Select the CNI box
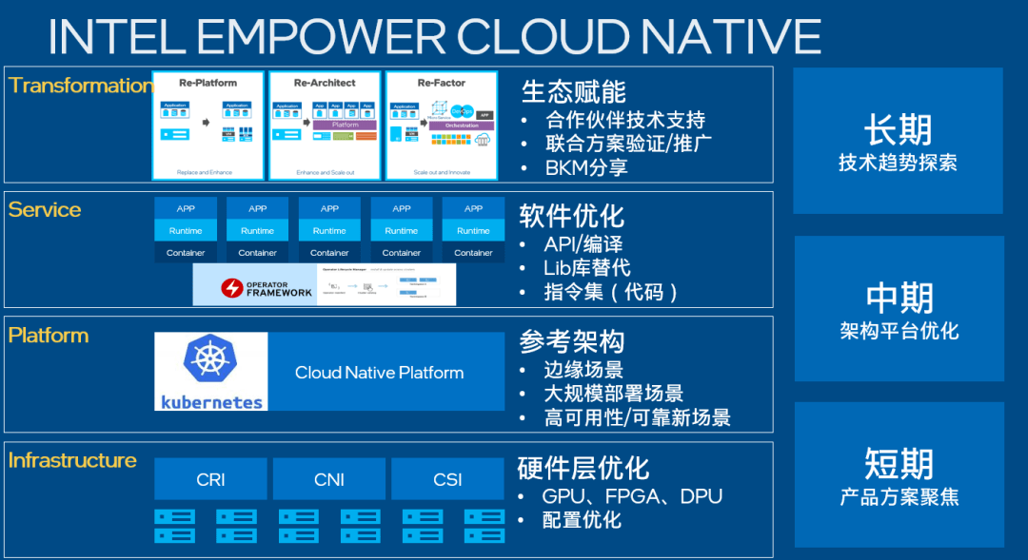[x=329, y=479]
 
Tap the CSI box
[x=447, y=479]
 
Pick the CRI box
[x=210, y=479]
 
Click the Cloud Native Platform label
[x=379, y=373]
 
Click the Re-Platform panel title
[x=208, y=83]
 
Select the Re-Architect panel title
[x=325, y=83]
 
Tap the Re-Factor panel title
[x=441, y=83]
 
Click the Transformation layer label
[x=80, y=86]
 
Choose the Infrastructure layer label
[x=72, y=460]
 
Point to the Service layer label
[x=45, y=209]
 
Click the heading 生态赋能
[x=573, y=91]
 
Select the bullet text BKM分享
[x=586, y=168]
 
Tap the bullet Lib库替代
[x=586, y=268]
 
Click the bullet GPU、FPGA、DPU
[x=632, y=496]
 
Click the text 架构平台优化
[x=899, y=331]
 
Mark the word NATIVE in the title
[x=729, y=36]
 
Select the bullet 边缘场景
[x=583, y=370]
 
